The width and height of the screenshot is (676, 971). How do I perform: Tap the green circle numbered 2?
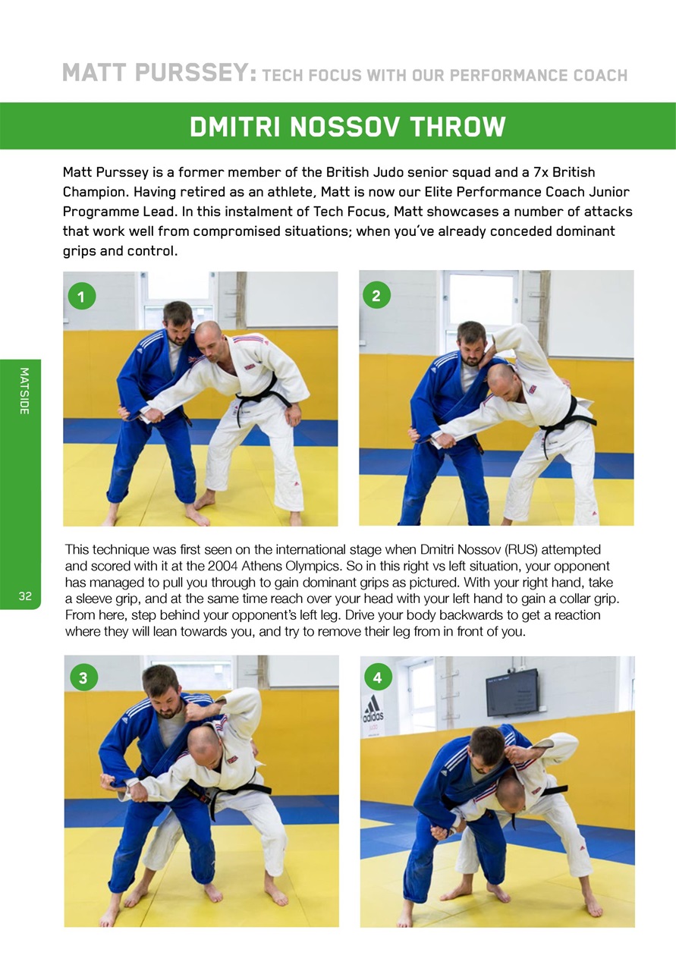376,295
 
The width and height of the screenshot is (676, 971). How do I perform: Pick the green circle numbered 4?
378,676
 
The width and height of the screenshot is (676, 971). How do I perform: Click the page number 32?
25,596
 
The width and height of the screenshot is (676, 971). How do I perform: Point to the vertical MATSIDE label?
24,391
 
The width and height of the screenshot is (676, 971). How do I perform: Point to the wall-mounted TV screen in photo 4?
511,692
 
